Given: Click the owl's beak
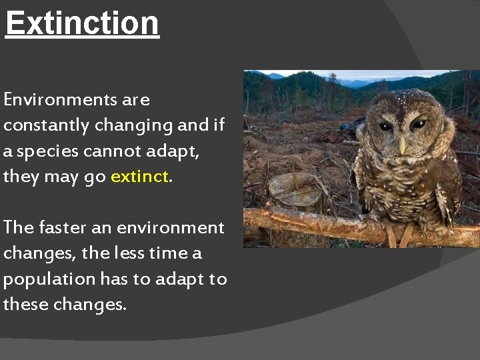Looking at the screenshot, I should pos(403,143).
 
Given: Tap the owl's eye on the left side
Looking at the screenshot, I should pos(387,126).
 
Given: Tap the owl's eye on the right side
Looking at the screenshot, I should pos(419,124).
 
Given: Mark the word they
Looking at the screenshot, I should pos(22,177).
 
